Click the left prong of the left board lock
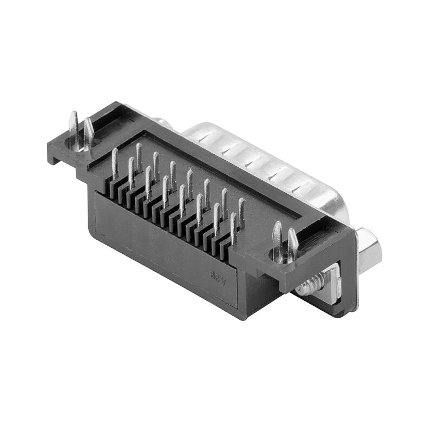click(73, 130)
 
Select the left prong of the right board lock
click(277, 241)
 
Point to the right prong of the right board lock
click(292, 245)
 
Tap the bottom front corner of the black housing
click(244, 317)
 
